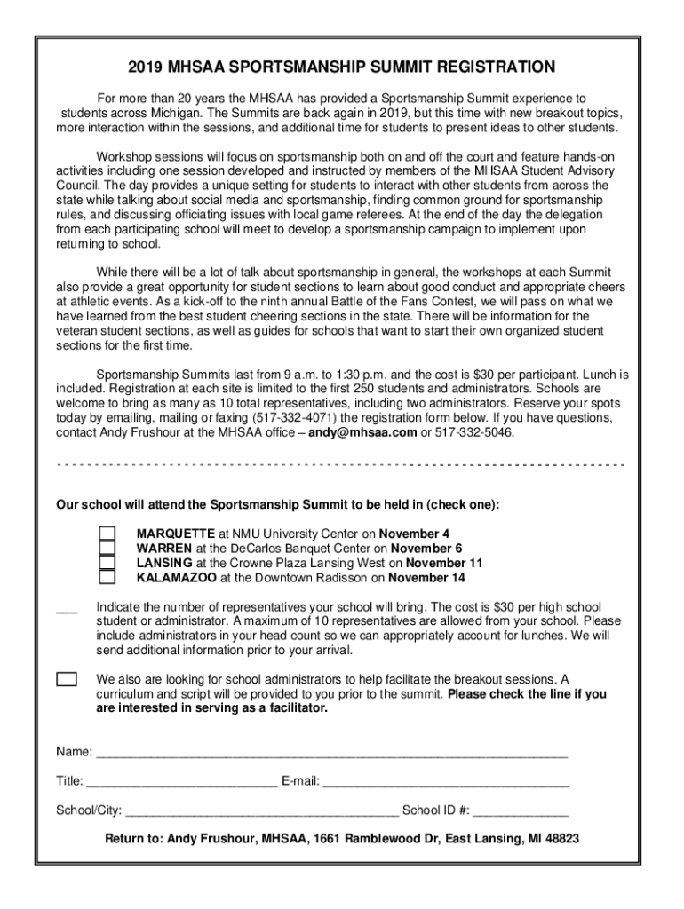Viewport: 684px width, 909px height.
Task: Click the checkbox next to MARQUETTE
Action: (107, 534)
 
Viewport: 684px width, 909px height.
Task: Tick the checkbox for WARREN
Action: (107, 548)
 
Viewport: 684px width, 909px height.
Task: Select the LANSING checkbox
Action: (107, 563)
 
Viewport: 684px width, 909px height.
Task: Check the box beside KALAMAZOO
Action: (107, 577)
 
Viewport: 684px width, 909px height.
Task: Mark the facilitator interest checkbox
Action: (67, 679)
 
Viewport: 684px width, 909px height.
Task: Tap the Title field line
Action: (182, 785)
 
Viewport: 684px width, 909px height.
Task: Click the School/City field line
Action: (262, 814)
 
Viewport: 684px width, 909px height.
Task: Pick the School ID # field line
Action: (525, 814)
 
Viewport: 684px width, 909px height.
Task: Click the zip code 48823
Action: (560, 838)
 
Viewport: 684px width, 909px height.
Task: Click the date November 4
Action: (414, 534)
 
